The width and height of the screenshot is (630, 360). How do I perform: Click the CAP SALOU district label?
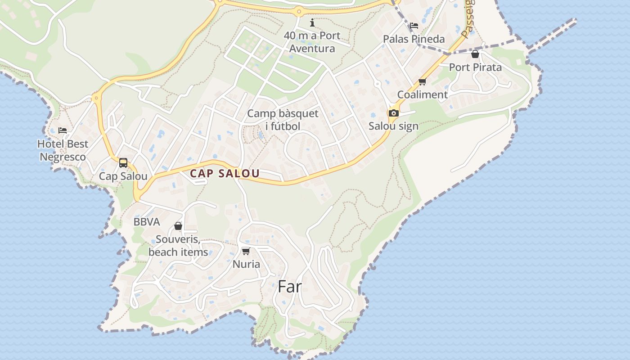(225, 174)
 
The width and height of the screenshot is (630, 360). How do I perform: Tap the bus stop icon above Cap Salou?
(123, 163)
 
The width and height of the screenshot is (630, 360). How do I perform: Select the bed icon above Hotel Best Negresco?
(63, 130)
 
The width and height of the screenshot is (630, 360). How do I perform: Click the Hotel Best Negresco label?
(63, 150)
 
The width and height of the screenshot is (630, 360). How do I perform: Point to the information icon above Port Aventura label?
(312, 22)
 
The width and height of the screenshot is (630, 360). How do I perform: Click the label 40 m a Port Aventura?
(312, 42)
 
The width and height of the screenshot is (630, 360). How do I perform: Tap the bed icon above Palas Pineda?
(414, 26)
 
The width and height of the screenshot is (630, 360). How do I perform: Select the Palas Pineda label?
(414, 39)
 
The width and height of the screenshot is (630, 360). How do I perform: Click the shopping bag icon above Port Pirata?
(475, 54)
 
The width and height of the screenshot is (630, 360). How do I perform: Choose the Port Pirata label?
(475, 67)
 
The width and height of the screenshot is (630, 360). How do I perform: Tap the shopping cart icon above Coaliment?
(422, 81)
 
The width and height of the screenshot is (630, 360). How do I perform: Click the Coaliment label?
(422, 94)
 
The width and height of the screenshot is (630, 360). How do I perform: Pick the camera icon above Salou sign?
(393, 113)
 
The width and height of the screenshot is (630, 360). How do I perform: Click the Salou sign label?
(393, 126)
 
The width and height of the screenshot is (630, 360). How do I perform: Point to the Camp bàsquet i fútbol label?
(283, 120)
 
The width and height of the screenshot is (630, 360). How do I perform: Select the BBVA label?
(147, 222)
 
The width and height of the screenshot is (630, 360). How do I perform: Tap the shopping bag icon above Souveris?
(178, 226)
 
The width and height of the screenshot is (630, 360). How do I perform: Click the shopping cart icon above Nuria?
(246, 251)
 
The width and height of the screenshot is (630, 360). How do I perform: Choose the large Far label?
(289, 287)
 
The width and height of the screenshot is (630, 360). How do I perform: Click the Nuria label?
(246, 264)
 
